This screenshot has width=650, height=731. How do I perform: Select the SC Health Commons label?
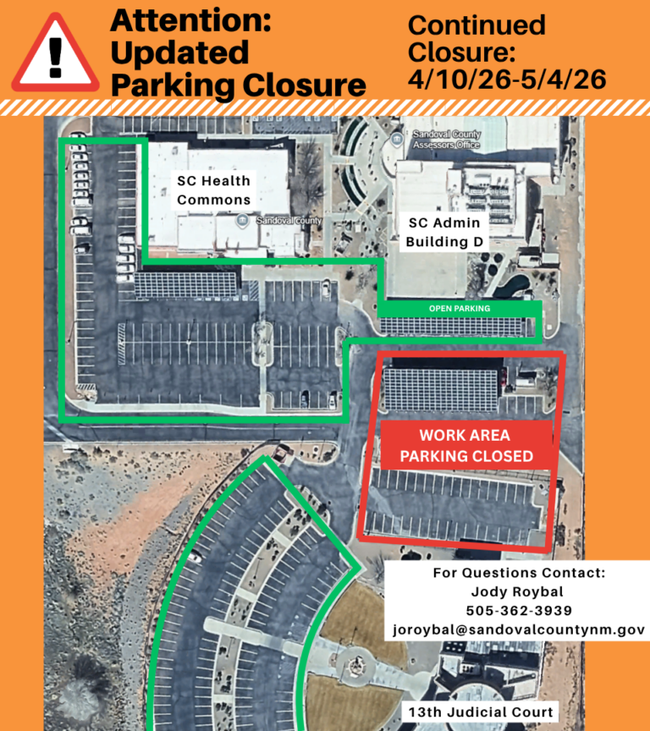pyautogui.click(x=214, y=190)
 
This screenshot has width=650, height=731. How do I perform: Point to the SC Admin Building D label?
pyautogui.click(x=443, y=233)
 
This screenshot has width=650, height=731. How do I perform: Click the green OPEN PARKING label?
pyautogui.click(x=460, y=308)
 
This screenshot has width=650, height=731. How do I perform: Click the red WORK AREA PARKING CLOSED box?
pyautogui.click(x=466, y=446)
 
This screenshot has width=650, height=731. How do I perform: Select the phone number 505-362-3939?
pyautogui.click(x=519, y=611)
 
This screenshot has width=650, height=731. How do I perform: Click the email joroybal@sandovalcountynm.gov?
pyautogui.click(x=519, y=630)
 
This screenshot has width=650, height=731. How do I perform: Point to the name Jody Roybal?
pyautogui.click(x=519, y=592)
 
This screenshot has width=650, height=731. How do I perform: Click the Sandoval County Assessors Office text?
pyautogui.click(x=446, y=140)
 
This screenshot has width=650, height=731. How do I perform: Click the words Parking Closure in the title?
pyautogui.click(x=238, y=85)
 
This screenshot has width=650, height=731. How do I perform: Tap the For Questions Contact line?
pyautogui.click(x=519, y=573)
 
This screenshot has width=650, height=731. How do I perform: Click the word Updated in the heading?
pyautogui.click(x=179, y=52)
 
